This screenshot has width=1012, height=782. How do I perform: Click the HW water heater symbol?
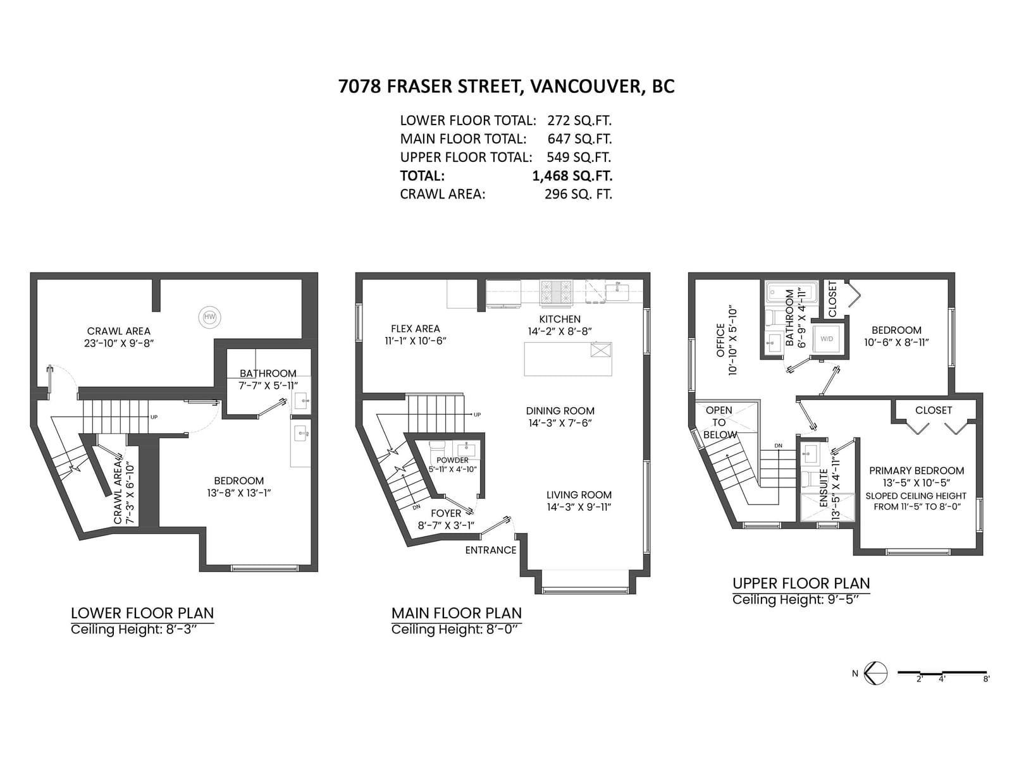tap(209, 317)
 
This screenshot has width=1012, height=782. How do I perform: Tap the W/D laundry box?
tap(827, 339)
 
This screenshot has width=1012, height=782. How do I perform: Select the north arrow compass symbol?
tap(875, 673)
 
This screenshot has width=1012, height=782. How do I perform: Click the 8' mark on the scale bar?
tap(986, 679)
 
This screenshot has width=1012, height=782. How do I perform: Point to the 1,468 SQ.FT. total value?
tap(572, 176)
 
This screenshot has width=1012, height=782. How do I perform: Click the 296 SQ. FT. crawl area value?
tap(578, 193)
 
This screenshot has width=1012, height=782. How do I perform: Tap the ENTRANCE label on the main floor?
tap(491, 550)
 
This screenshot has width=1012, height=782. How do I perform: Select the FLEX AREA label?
tap(416, 329)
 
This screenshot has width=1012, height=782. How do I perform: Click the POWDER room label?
tap(453, 460)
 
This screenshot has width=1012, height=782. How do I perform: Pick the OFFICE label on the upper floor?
tap(721, 340)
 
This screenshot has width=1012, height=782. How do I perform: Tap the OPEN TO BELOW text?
tap(720, 423)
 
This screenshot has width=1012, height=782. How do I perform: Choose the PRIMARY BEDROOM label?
tap(916, 470)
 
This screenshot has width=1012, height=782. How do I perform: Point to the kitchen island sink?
tap(601, 350)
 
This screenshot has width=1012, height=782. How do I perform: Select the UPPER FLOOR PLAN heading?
tap(801, 583)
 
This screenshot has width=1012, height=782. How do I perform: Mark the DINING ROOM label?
tap(560, 411)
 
